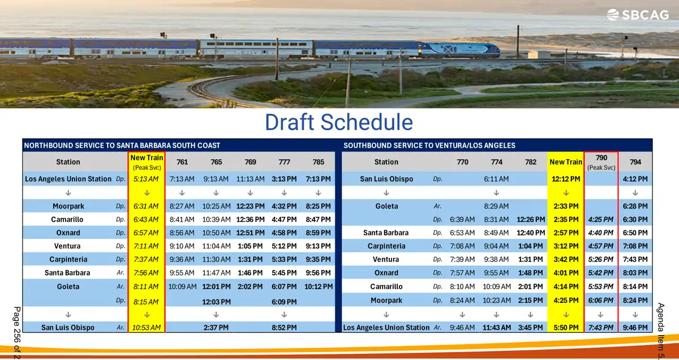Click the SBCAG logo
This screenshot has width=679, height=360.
click(638, 15)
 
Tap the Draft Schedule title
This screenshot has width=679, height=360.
click(339, 122)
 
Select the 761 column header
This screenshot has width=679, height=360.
click(182, 162)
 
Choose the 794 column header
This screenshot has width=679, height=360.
click(635, 162)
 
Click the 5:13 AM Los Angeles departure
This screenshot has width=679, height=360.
click(146, 179)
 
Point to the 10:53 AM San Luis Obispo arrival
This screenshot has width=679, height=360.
click(147, 328)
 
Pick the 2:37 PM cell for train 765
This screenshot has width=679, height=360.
click(216, 328)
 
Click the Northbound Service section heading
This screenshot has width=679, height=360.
click(122, 145)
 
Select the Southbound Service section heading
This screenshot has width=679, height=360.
click(429, 145)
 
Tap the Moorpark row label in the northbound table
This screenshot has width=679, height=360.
click(68, 206)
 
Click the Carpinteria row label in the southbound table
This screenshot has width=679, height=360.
click(386, 246)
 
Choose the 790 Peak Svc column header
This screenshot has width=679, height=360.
click(601, 162)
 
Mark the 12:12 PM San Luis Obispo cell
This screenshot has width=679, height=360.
click(566, 179)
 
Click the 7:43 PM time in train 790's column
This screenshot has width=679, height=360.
click(600, 328)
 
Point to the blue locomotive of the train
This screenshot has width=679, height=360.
click(460, 49)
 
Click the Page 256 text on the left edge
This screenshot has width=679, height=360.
click(17, 333)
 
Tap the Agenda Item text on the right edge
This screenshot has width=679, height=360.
click(661, 331)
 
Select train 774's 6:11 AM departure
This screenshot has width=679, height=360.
click(496, 179)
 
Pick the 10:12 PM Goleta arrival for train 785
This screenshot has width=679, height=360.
click(318, 286)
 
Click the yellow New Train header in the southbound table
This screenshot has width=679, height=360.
click(566, 162)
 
